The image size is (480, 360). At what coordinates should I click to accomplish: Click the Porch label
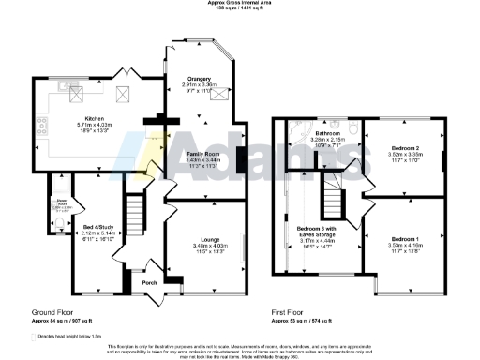click(x=149, y=281)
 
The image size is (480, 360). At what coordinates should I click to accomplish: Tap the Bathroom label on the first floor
click(x=327, y=134)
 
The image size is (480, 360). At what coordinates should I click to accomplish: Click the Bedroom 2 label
click(x=403, y=148)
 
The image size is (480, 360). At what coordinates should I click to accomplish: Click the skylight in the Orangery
click(x=220, y=93)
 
